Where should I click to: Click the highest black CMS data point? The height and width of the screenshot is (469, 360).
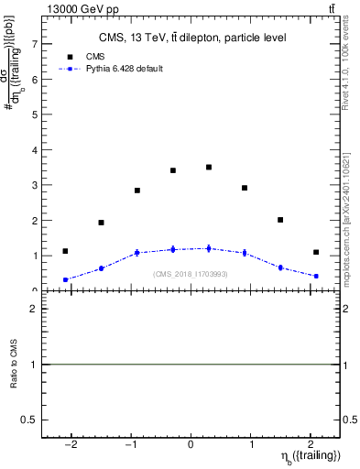pos(209,168)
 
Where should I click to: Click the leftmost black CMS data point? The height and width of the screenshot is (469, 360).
pos(65,251)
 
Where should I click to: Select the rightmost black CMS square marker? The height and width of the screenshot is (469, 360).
pos(315,252)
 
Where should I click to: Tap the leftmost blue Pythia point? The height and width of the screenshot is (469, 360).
pos(65,280)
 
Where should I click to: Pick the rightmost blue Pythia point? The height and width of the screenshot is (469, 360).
pos(315,276)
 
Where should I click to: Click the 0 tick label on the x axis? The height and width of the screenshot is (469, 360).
pos(191,442)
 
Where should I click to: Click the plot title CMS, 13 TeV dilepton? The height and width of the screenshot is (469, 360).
pos(191,38)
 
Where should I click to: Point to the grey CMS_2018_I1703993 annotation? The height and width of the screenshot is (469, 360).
pos(191,274)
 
